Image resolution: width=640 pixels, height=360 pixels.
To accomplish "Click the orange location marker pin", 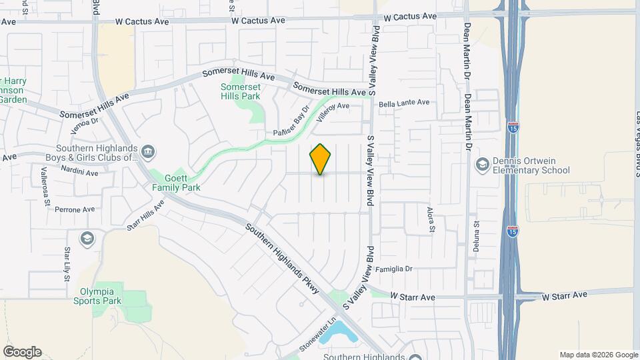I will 321,159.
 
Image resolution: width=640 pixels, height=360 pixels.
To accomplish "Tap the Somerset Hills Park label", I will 240,91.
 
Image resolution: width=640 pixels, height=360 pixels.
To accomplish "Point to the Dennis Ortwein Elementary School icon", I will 481,164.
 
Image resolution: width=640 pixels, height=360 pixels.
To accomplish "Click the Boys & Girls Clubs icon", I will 148,153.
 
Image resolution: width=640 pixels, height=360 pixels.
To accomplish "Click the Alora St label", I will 431,219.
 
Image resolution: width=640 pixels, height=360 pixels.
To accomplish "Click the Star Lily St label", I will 67,264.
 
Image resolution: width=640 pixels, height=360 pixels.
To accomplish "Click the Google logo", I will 22,352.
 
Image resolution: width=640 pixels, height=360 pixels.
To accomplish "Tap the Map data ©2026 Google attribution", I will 599,355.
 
